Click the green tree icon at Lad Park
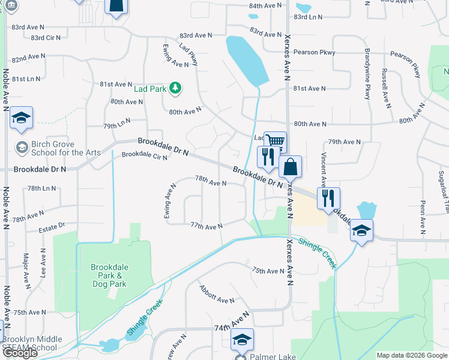[x=175, y=89]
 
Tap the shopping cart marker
[x=275, y=142]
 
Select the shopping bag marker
[x=290, y=167]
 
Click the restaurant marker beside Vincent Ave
[x=328, y=198]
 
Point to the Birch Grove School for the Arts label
[x=53, y=148]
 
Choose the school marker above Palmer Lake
[x=242, y=340]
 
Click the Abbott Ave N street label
[x=217, y=294]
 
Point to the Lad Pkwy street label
[x=188, y=54]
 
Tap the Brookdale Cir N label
[x=144, y=155]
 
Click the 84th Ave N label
[x=265, y=5]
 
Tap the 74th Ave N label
[x=232, y=324]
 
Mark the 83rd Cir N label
[x=46, y=38]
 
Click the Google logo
[x=20, y=353]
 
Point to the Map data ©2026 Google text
[x=411, y=355]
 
